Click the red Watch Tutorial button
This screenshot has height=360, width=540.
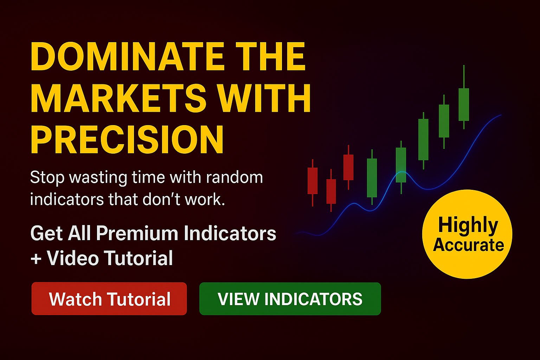[109, 298]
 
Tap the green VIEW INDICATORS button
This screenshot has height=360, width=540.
[290, 299]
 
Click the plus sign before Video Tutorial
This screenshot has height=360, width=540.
[36, 260]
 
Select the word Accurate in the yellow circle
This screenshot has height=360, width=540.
[468, 245]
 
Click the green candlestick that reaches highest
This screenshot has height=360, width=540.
[464, 97]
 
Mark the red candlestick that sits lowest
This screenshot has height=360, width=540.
[331, 191]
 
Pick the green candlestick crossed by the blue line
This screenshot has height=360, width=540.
[401, 167]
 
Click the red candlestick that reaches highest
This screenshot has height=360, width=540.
[348, 167]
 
